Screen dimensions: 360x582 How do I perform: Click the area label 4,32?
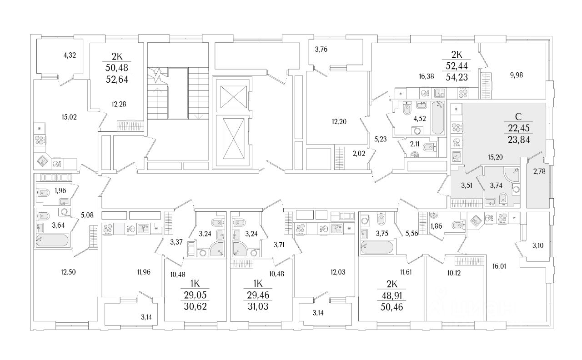pyautogui.click(x=70, y=55)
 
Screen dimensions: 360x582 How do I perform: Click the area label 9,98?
pyautogui.click(x=516, y=75)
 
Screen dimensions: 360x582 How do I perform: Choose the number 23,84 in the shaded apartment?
pyautogui.click(x=517, y=140)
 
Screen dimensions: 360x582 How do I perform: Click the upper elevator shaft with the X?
pyautogui.click(x=233, y=95)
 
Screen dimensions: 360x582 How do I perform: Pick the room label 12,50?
pyautogui.click(x=67, y=272)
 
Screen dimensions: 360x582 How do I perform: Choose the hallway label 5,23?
pyautogui.click(x=380, y=140)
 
